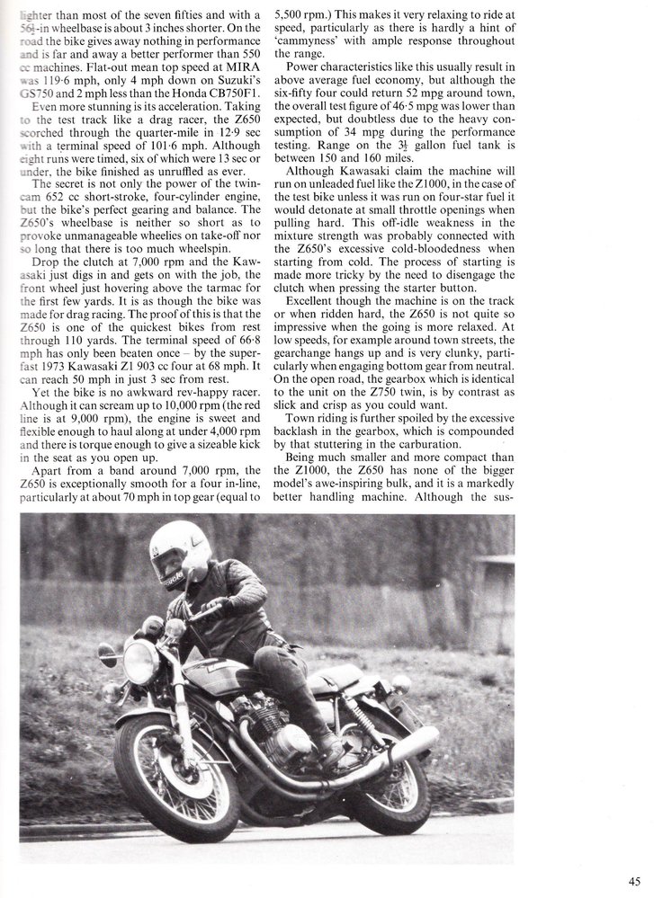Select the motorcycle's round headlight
[141, 661]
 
